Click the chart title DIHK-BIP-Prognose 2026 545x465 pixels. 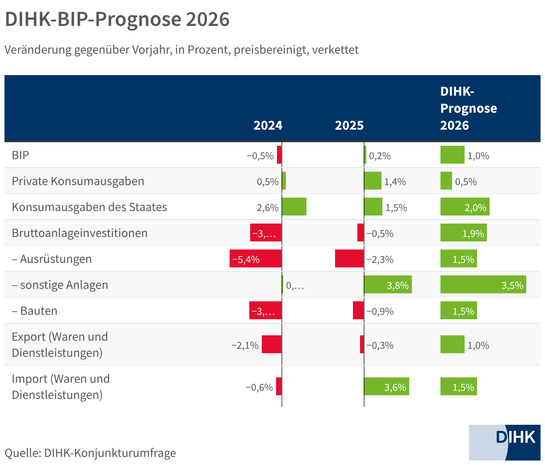pos(117,20)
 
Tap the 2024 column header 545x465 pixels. pos(268,125)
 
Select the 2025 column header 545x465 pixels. pos(349,125)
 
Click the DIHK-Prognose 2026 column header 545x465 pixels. pos(468,108)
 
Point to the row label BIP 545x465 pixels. pos(21,155)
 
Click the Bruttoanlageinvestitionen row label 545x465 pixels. pos(80,233)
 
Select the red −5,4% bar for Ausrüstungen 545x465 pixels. pos(256,259)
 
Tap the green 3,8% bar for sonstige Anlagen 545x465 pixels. pos(388,285)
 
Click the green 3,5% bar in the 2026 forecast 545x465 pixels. pos(483,285)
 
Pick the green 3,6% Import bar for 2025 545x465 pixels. pos(386,387)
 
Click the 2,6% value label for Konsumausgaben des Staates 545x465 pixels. pos(268,207)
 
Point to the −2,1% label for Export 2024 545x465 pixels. pos(245,345)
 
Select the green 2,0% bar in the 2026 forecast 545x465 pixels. pos(465,207)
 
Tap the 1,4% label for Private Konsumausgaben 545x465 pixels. pos(395,182)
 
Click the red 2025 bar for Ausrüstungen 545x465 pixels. pos(349,259)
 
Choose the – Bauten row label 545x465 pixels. pos(34,311)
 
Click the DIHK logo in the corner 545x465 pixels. pos(505,442)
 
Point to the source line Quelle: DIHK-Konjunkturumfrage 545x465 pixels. pos(90,453)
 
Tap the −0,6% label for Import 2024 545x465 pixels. pos(259,387)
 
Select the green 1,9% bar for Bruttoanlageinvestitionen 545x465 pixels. pos(463,233)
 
